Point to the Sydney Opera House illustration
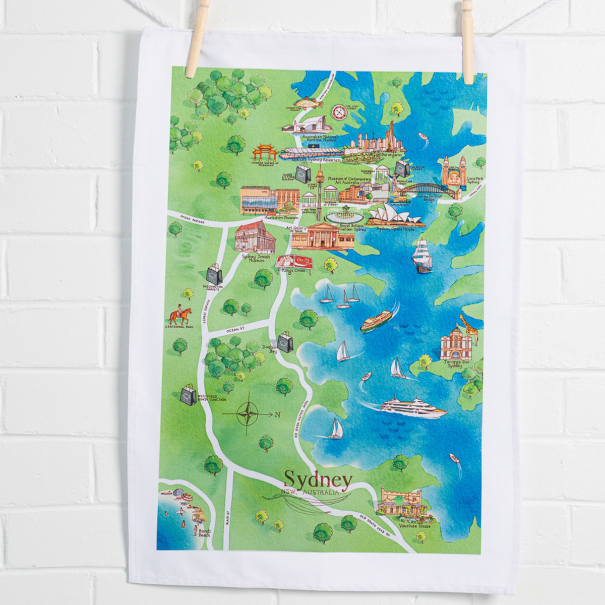(396, 217)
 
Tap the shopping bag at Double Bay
(285, 343)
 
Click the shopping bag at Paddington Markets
(214, 275)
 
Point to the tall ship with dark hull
(422, 257)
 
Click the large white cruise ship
(413, 406)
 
